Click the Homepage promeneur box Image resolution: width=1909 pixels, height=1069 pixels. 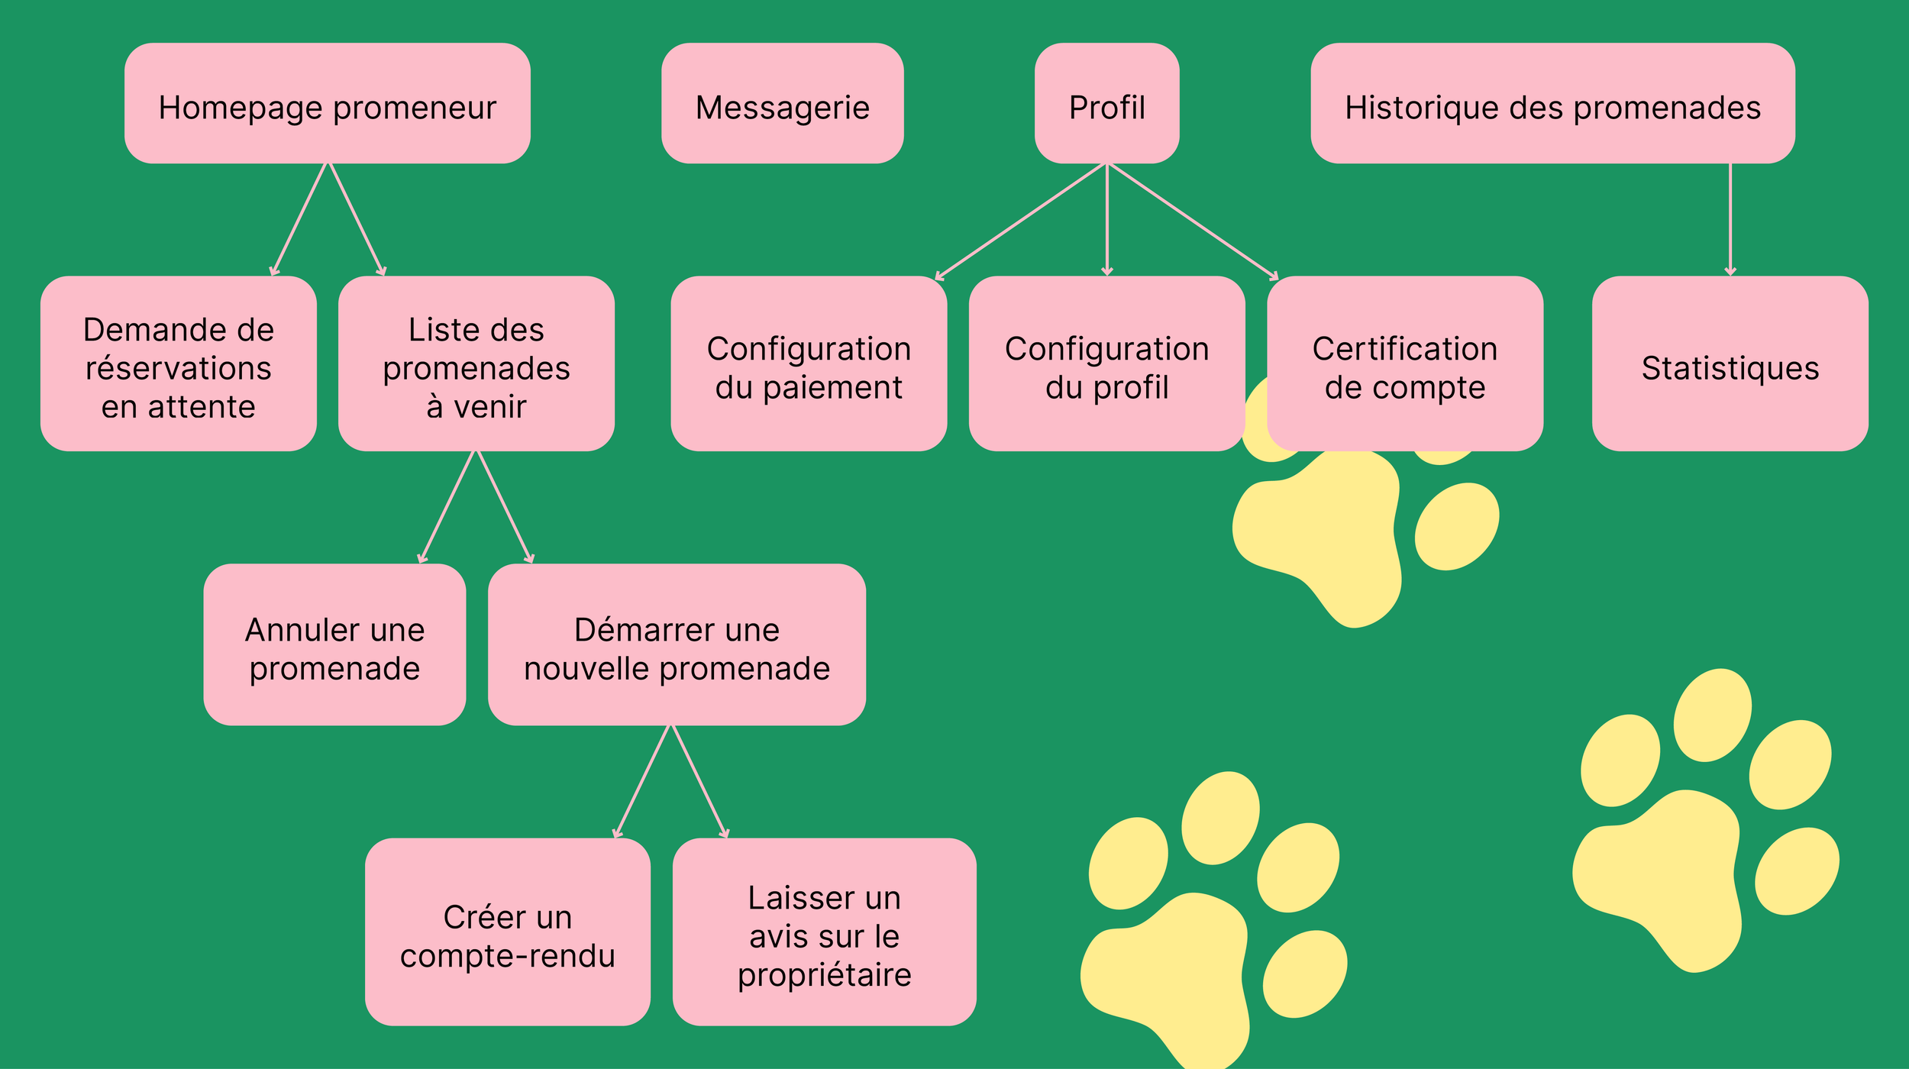(327, 103)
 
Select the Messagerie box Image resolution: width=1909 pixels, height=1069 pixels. (782, 103)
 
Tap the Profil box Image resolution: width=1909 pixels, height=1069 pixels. (1106, 103)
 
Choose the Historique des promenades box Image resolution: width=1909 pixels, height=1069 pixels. (1552, 103)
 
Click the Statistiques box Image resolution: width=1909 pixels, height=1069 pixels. (1730, 363)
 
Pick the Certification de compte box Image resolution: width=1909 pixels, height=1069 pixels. (1404, 363)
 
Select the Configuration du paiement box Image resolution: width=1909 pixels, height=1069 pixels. (809, 363)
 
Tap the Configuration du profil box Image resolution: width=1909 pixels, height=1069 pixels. (1106, 363)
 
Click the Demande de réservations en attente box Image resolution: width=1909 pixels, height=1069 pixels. (178, 363)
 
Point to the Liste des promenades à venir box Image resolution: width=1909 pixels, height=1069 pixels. (476, 363)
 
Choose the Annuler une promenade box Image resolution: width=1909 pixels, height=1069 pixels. (334, 644)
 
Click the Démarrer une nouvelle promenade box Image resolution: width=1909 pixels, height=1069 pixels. (677, 644)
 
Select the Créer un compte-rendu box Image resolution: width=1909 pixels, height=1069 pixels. (507, 932)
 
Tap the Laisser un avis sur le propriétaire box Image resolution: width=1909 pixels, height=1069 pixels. (824, 932)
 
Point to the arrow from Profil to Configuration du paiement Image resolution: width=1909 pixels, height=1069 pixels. (1021, 221)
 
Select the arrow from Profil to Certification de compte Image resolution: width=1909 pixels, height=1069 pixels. (1192, 221)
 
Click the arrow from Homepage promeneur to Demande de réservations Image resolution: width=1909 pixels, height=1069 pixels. (299, 219)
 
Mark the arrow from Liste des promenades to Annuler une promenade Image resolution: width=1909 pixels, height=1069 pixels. (447, 506)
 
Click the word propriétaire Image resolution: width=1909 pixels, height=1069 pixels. (824, 975)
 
